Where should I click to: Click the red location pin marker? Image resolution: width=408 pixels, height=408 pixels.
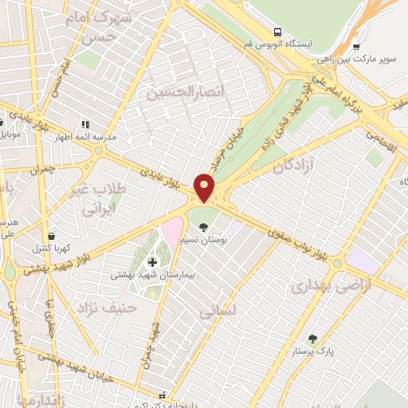pyautogui.click(x=205, y=189)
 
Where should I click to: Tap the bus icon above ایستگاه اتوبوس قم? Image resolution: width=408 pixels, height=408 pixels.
pyautogui.click(x=277, y=32)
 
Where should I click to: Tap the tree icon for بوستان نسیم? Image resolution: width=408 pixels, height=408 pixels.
pyautogui.click(x=204, y=227)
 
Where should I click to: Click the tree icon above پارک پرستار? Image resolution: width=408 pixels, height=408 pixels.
pyautogui.click(x=312, y=339)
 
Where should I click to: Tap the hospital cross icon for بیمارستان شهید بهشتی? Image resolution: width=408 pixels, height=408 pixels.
pyautogui.click(x=153, y=261)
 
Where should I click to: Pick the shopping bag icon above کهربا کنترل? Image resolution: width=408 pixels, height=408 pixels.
pyautogui.click(x=52, y=236)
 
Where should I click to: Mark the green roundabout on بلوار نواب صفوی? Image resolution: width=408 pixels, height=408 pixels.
pyautogui.click(x=337, y=263)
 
